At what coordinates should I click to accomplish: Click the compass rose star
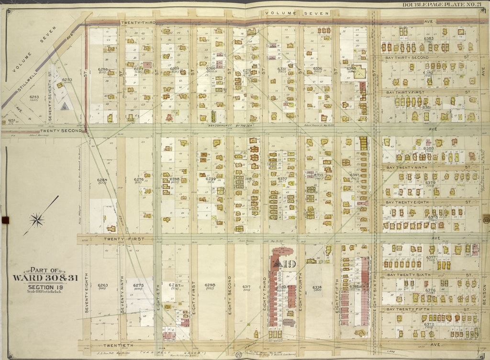(x=37, y=220)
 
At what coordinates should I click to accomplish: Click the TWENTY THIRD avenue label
(x=139, y=22)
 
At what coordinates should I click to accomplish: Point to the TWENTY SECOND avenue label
(x=62, y=130)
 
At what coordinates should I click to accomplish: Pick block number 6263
(x=102, y=285)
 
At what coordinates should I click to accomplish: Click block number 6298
(x=210, y=285)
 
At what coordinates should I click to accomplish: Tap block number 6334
(x=317, y=287)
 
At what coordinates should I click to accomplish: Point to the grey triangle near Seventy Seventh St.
(x=64, y=107)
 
